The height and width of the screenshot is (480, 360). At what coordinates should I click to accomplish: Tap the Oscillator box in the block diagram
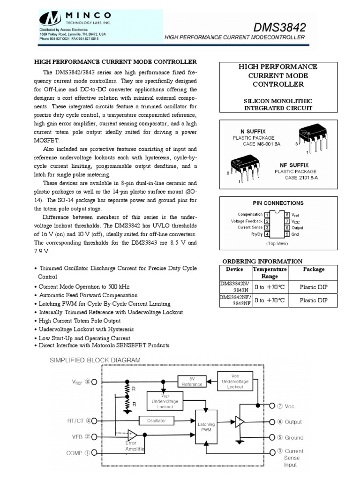click(156, 420)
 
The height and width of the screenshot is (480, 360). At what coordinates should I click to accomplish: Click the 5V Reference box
click(192, 381)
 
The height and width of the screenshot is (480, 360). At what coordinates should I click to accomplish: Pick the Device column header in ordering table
click(234, 269)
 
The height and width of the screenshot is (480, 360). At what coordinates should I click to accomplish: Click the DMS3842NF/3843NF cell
click(235, 300)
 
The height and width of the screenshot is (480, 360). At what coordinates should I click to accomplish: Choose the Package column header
click(314, 269)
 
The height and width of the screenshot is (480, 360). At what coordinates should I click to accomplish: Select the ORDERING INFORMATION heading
click(262, 261)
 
